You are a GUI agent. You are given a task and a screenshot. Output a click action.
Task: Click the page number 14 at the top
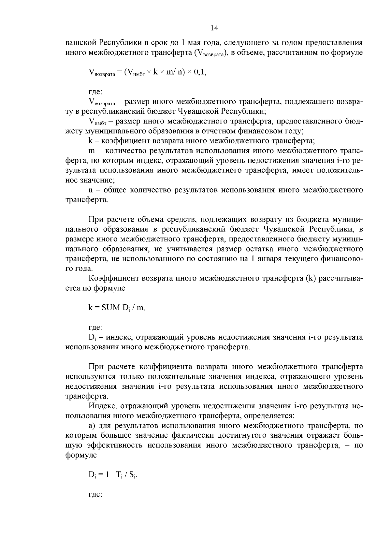point(214,28)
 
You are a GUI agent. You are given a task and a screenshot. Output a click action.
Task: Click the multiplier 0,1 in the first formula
point(200,73)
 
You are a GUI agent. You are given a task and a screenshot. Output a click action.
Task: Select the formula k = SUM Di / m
point(117,308)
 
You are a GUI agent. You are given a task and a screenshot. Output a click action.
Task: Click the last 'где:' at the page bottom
point(95,494)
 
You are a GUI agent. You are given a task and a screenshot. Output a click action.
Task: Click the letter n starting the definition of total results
point(91,190)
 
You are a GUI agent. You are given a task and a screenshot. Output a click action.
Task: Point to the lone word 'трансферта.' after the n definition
point(86,200)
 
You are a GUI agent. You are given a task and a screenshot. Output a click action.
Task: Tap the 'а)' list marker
point(92,426)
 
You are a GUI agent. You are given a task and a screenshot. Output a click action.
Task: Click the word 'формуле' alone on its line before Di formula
point(81,455)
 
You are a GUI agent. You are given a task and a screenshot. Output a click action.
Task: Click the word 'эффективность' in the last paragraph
point(112,445)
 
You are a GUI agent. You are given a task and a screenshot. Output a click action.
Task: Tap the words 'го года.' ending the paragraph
point(79,269)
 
